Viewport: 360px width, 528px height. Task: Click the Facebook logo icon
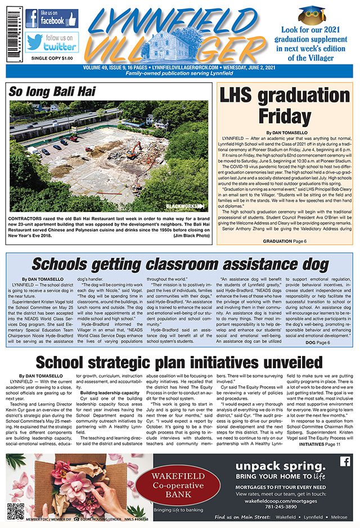pyautogui.click(x=31, y=19)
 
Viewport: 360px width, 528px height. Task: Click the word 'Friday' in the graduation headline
pyautogui.click(x=285, y=116)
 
